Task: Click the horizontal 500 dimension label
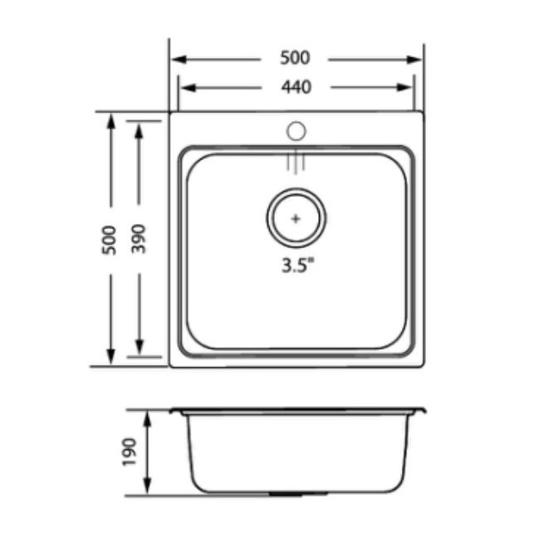295,58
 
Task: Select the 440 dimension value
296,87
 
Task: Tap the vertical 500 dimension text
109,240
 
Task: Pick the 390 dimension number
138,239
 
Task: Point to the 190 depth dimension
129,453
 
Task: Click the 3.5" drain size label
297,265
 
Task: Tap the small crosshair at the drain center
296,218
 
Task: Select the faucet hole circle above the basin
296,131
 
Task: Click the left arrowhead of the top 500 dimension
179,59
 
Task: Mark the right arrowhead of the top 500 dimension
414,60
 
